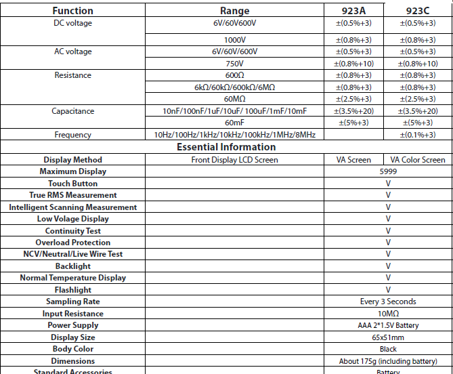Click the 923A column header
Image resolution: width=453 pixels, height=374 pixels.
(354, 11)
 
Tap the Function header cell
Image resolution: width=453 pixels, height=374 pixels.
(72, 11)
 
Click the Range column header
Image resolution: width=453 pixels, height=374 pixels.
(235, 11)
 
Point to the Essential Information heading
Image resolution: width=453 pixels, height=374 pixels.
(226, 147)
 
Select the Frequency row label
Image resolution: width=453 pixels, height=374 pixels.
(72, 135)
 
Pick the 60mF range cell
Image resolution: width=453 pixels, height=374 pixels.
(235, 123)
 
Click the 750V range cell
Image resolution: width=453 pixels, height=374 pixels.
(235, 64)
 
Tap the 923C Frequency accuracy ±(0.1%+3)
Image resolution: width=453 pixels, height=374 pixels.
(418, 135)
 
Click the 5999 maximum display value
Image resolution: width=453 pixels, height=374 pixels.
(388, 171)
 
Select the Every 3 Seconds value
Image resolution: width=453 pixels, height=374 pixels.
(388, 302)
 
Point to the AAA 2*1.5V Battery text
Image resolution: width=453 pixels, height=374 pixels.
(388, 325)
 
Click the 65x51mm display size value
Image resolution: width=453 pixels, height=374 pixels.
(388, 337)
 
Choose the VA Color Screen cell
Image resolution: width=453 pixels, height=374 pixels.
(418, 160)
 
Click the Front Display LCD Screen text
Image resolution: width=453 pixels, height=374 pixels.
(235, 160)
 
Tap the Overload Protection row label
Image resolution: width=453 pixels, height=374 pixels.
(72, 243)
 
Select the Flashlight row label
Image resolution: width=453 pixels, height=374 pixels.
(72, 290)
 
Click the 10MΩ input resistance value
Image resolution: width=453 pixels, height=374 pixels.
(388, 314)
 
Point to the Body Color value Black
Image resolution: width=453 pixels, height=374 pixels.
(388, 349)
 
